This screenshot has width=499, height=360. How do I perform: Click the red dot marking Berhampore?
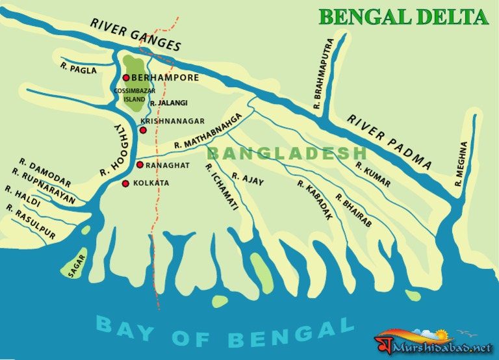pos(126,78)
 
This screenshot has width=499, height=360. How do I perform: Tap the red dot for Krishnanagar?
pos(144,131)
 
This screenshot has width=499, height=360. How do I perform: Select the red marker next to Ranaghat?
pos(140,165)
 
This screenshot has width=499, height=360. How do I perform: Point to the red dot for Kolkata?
pos(125,183)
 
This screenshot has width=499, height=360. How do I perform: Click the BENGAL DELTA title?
pos(403,17)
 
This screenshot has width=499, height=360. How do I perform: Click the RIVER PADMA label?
pos(389,141)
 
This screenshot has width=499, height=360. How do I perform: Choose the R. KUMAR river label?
pos(372,174)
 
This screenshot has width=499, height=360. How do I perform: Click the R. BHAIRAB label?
pos(353,210)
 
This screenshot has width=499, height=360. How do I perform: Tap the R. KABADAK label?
pos(314,200)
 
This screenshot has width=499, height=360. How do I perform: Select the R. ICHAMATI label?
pos(221,186)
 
